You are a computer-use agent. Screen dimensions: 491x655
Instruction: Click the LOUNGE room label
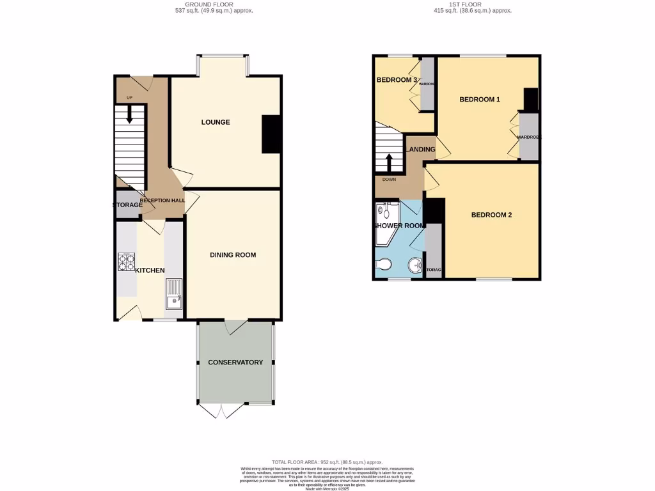(216, 122)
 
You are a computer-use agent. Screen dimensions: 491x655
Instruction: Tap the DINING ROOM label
(233, 254)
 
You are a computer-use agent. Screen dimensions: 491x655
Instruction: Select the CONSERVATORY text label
(235, 362)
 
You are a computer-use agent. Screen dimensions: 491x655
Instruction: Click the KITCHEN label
(150, 270)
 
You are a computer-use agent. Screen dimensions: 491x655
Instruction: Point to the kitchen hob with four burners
(126, 262)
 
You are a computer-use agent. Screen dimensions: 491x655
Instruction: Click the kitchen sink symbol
(173, 295)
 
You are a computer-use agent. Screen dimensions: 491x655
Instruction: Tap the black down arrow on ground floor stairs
(130, 114)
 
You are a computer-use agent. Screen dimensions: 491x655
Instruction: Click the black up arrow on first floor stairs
(388, 162)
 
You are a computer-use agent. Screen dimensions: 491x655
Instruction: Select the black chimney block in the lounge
(272, 134)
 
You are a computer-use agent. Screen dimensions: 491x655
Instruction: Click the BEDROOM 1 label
(480, 99)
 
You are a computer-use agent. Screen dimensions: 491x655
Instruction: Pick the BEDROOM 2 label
(491, 215)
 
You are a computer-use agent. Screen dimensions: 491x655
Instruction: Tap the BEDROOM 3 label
(397, 80)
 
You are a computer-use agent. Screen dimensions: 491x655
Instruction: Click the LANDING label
(421, 150)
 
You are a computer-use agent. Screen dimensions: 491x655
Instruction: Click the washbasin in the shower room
(415, 264)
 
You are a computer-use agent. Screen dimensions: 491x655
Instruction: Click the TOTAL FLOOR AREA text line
(327, 462)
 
